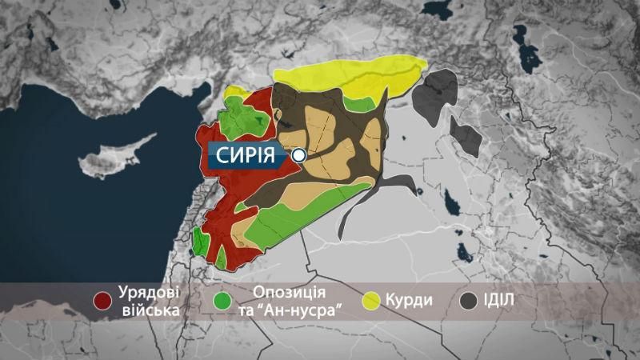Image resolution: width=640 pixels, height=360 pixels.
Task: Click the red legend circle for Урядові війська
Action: point(102,301)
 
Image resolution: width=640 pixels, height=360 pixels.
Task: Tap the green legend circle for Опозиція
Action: point(225,301)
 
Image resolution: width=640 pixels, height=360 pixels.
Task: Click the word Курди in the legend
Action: point(408,302)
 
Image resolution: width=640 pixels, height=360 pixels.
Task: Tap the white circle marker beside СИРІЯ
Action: point(299,156)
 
